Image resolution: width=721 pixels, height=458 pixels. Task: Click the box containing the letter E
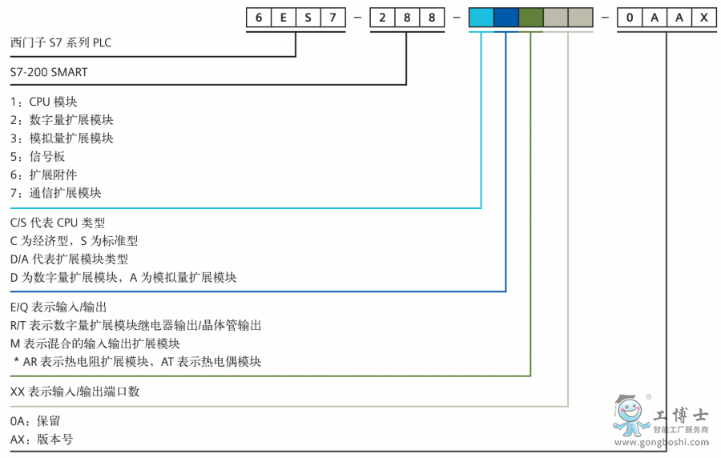(283, 16)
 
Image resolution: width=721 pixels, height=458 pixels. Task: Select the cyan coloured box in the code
(481, 16)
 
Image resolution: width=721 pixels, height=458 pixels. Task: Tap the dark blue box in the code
(506, 16)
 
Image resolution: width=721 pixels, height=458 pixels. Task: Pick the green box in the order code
(530, 16)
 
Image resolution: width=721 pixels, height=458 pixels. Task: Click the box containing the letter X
(704, 16)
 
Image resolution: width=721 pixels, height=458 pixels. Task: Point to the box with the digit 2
(382, 16)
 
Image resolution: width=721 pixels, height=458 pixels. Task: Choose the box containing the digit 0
(630, 16)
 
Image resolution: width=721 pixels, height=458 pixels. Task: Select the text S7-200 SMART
(49, 72)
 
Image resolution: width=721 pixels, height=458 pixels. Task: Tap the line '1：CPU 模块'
(44, 102)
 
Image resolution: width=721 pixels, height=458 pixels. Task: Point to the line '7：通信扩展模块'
(56, 193)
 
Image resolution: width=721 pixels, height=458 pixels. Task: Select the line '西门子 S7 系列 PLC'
(60, 42)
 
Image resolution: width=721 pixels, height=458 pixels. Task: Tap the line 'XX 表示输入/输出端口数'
(75, 392)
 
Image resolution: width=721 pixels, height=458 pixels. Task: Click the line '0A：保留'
(35, 421)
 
